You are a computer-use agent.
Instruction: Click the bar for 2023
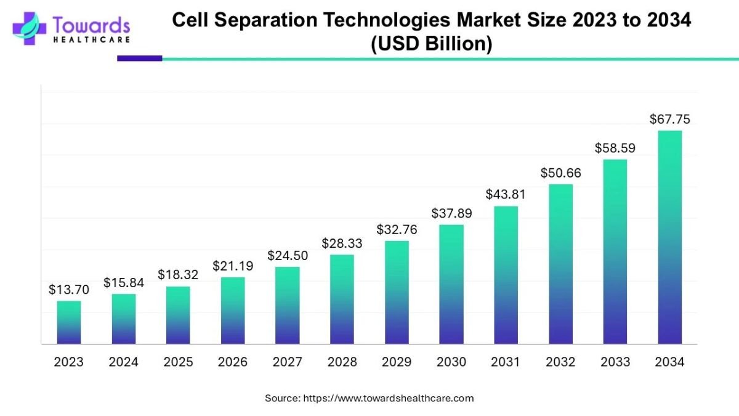tap(69, 322)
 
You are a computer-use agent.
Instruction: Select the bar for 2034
tap(669, 237)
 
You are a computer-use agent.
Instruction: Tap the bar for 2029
tap(397, 292)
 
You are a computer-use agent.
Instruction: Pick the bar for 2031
tap(506, 275)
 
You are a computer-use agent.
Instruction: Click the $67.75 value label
tap(669, 120)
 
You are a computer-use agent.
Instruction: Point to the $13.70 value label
tap(69, 290)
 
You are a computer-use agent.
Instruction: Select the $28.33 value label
tap(342, 243)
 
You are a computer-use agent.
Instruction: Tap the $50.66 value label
tap(560, 173)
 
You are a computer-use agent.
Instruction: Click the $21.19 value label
tap(233, 266)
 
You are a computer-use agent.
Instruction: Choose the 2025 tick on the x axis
tap(178, 362)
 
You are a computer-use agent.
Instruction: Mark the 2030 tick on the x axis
tap(451, 362)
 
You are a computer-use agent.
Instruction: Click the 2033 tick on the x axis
tap(615, 362)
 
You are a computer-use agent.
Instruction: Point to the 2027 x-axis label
tap(287, 362)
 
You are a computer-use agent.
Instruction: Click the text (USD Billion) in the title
tap(431, 45)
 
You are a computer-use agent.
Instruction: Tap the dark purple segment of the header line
tap(139, 59)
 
